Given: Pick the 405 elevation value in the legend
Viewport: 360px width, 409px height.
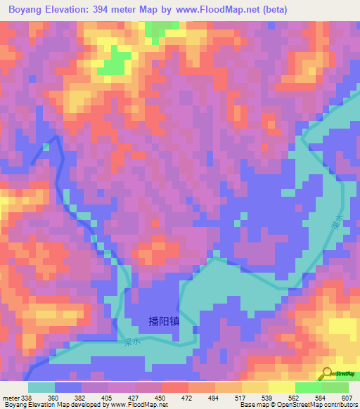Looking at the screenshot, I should coord(108,397).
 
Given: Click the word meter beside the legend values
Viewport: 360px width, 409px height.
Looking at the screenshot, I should coord(11,397).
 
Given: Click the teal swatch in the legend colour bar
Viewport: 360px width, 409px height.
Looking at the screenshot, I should coord(41,387).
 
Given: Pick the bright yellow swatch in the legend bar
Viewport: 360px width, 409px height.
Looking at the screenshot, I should coord(282,387).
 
